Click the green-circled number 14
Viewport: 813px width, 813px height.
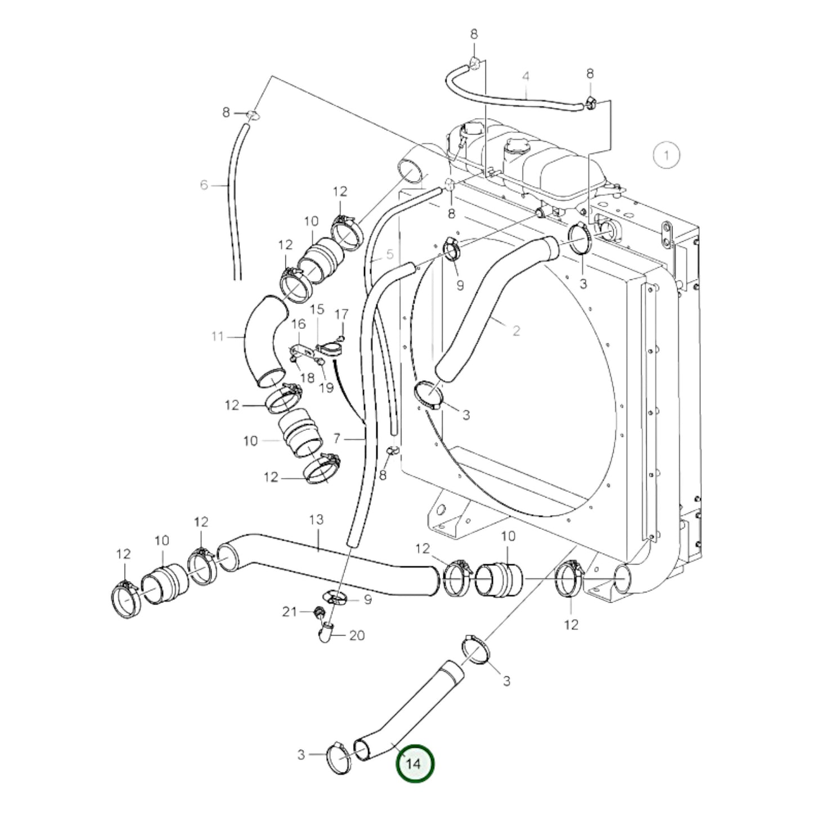click(x=415, y=763)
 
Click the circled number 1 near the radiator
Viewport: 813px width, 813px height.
click(x=667, y=155)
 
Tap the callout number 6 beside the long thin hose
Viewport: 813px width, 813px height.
click(x=204, y=185)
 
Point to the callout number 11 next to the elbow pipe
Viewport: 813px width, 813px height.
click(x=218, y=336)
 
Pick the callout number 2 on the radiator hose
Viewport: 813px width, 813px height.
click(x=516, y=330)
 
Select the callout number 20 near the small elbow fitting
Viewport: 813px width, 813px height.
click(x=357, y=635)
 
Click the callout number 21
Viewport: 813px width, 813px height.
click(x=289, y=612)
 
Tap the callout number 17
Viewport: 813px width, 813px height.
click(x=342, y=313)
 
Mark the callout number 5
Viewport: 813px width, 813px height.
click(x=390, y=254)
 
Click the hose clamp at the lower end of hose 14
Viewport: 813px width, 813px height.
click(x=339, y=757)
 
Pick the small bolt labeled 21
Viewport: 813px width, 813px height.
click(x=318, y=612)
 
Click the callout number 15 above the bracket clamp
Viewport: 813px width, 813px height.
click(x=317, y=309)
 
